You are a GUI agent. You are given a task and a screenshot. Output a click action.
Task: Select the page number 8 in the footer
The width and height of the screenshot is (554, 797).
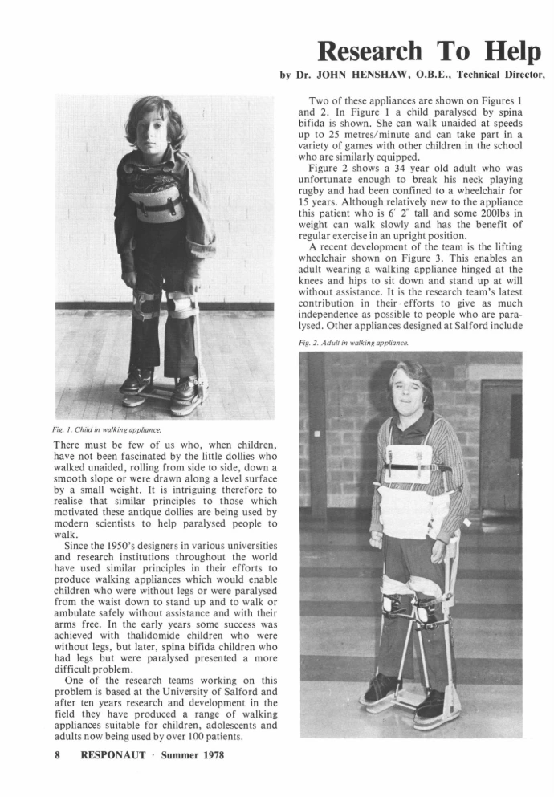pos(58,755)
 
